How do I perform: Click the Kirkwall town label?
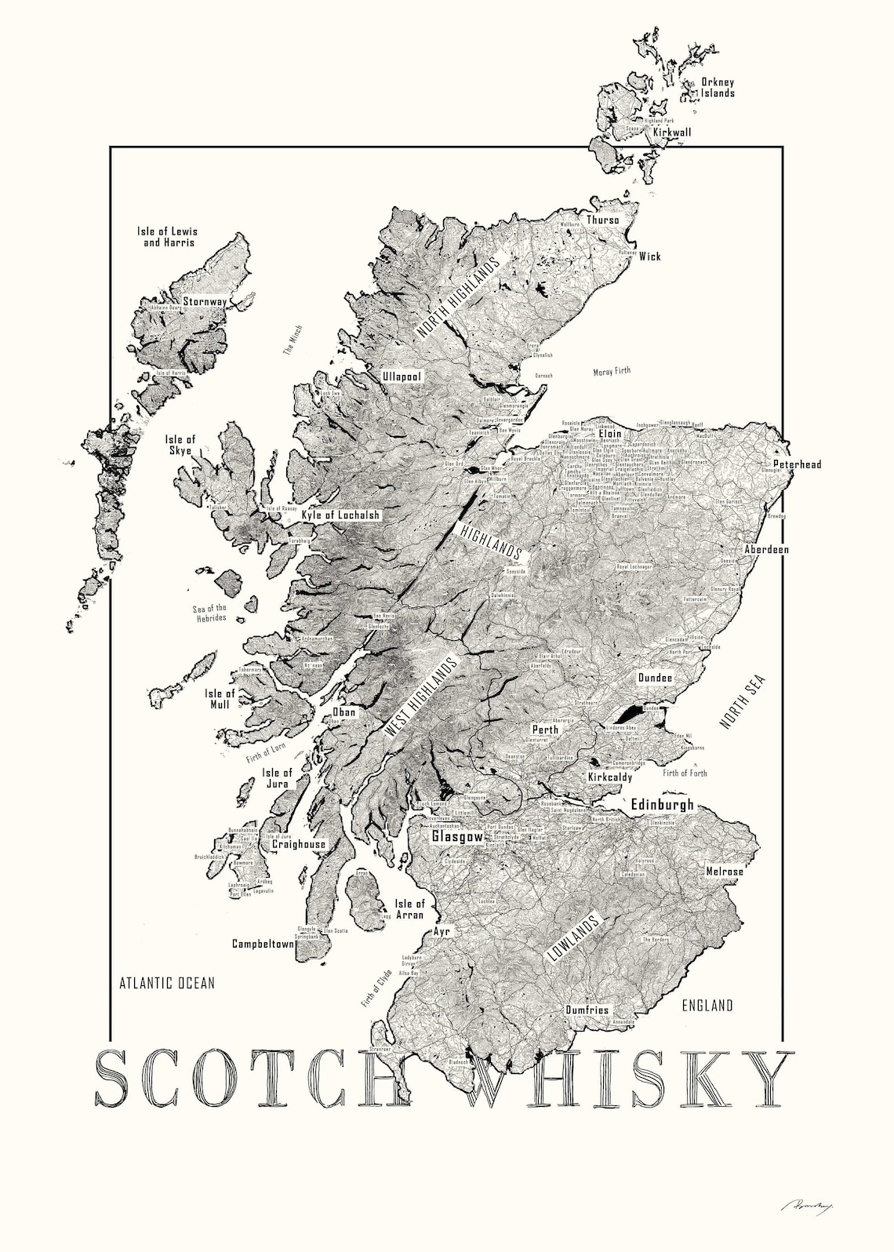tap(672, 133)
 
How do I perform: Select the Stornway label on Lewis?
tap(205, 300)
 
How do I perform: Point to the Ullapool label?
tap(402, 377)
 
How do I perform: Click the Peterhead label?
tap(797, 464)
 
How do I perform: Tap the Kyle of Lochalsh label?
tap(340, 515)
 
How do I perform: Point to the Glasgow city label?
tap(457, 837)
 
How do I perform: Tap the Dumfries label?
tap(587, 1010)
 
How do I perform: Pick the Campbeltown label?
tap(262, 944)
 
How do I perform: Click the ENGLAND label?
tap(707, 1006)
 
